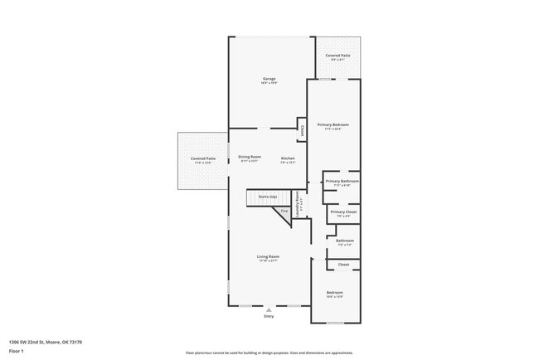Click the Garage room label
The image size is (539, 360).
point(269,79)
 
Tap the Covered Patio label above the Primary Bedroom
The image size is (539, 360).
point(337,56)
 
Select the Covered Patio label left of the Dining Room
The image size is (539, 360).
point(203,158)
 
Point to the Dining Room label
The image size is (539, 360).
point(250,158)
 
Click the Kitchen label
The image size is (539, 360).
point(288,158)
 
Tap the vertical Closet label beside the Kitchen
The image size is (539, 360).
point(302,130)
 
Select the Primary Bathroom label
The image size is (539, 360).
point(342,181)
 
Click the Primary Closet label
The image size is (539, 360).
point(342,212)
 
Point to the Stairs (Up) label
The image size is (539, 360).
point(268,197)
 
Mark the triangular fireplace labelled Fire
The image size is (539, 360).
point(284,212)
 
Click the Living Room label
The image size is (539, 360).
point(268,257)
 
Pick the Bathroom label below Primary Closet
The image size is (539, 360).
point(344,241)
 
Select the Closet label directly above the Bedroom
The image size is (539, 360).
point(343,265)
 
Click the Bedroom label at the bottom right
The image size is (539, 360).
point(334,293)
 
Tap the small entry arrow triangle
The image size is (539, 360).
point(268,309)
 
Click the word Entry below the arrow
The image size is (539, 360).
point(268,316)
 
